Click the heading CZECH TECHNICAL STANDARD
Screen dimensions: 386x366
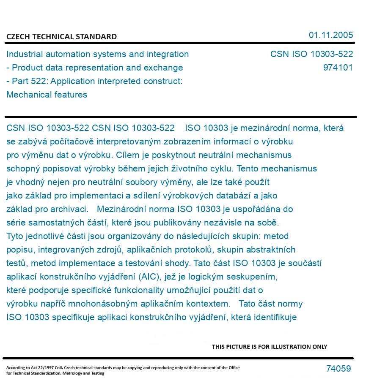(x=61, y=37)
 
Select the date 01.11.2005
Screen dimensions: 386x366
(x=331, y=35)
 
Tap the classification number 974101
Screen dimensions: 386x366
(x=338, y=68)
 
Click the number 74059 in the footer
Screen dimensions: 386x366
(x=338, y=369)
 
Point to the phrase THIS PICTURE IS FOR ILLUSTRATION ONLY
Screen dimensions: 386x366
(x=270, y=347)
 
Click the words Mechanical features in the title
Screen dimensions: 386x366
(x=47, y=95)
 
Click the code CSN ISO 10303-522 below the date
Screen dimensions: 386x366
(x=311, y=54)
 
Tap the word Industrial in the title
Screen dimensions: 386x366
(x=25, y=54)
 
